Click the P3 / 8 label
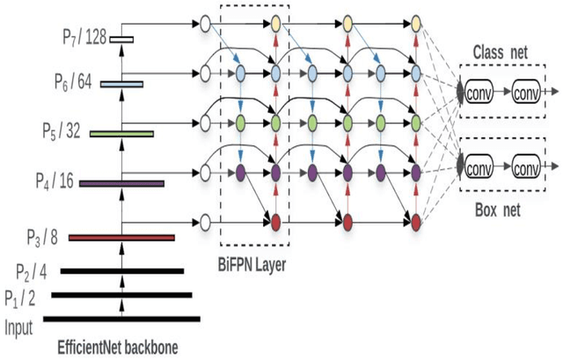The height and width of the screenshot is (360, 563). coord(42,236)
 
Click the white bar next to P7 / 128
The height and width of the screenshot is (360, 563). coord(121,39)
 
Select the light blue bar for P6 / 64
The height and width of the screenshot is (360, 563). coord(121,84)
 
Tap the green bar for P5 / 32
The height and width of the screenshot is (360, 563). coord(121,134)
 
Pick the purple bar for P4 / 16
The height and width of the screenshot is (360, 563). coord(121,183)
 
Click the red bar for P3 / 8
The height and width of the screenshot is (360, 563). coord(121,238)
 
